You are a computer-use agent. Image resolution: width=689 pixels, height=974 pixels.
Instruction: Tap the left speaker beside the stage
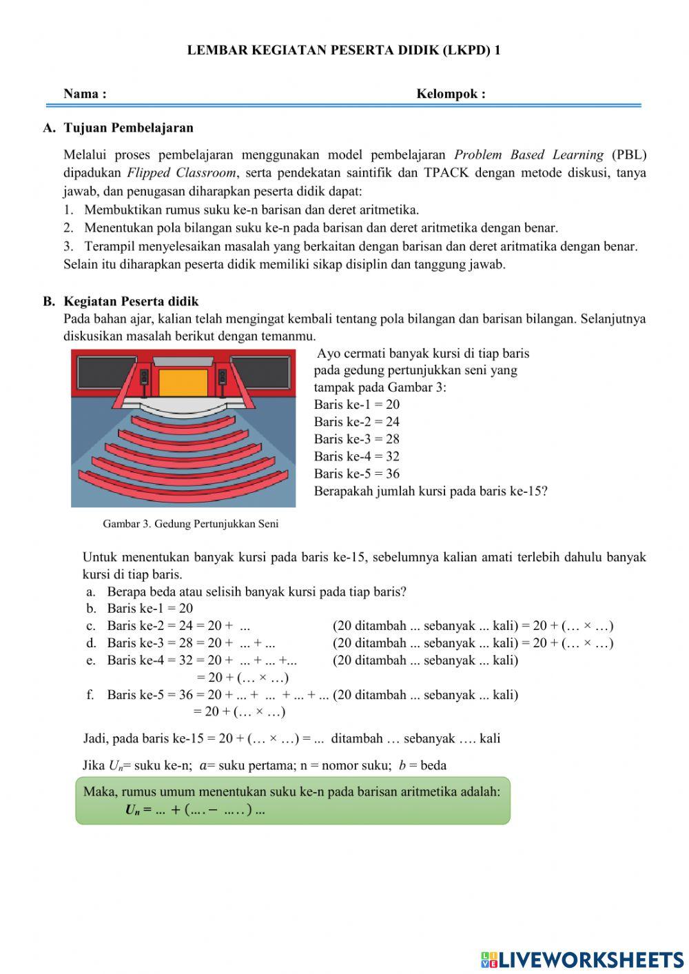145,377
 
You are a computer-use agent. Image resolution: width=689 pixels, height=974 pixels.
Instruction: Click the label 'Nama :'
85,94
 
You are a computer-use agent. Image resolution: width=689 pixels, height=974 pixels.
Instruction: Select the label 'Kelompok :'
451,94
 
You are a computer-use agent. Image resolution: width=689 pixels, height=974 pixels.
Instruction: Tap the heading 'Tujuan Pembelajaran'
128,128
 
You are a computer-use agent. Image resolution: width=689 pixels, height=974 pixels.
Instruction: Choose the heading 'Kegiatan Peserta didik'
131,301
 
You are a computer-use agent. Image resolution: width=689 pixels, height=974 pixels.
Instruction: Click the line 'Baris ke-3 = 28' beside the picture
356,439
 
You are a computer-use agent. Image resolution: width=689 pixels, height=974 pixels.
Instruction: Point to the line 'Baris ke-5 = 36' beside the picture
356,474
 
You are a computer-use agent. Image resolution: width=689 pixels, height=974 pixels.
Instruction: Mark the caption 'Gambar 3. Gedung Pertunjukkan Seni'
191,524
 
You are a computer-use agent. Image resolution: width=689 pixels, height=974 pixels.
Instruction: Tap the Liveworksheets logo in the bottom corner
582,960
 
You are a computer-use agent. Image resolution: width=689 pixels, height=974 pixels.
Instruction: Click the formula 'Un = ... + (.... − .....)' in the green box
195,810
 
